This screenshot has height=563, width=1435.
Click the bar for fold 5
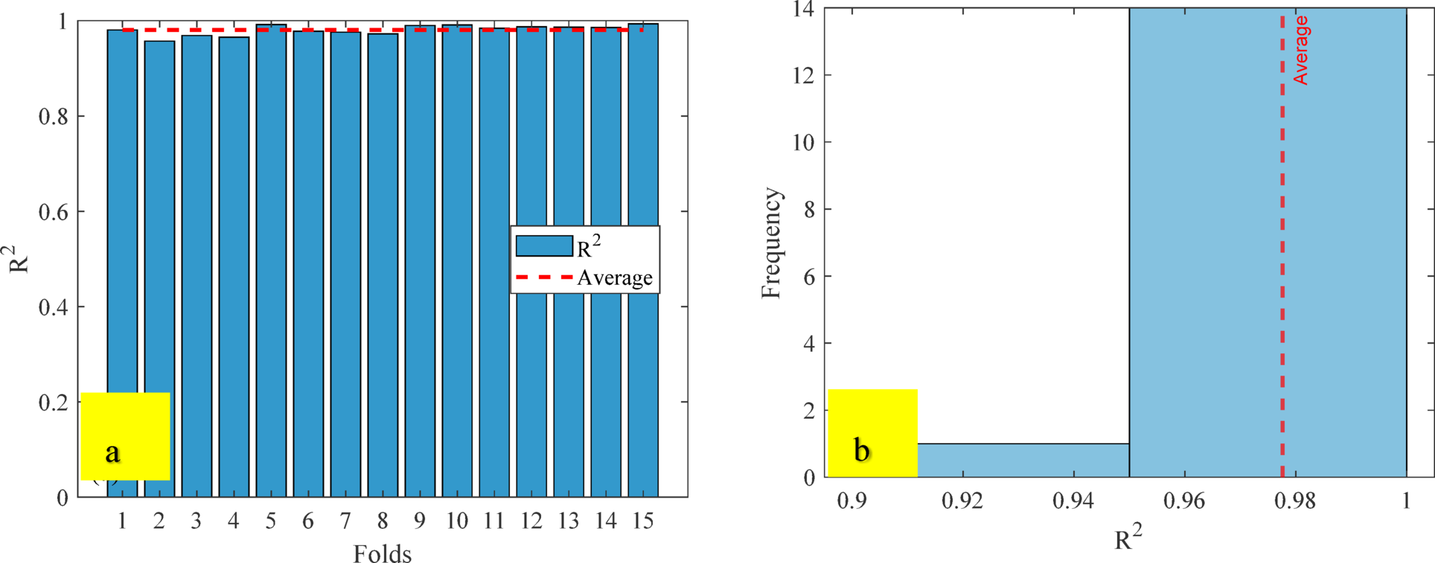[271, 260]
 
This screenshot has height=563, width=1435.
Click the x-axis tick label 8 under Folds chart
[383, 521]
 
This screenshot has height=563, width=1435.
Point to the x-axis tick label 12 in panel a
[531, 521]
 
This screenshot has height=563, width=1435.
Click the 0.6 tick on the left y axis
[56, 213]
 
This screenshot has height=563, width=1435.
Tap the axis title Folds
[382, 553]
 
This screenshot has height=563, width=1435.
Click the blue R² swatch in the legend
[544, 246]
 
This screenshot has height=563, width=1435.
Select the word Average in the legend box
[615, 278]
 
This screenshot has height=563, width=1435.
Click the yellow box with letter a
[125, 436]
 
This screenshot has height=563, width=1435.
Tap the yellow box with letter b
[872, 433]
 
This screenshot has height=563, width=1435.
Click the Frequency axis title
[772, 243]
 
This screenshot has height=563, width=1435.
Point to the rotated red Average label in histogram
[1300, 50]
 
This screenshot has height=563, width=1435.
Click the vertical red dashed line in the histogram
[1282, 260]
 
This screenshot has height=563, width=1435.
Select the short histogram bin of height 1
[1023, 460]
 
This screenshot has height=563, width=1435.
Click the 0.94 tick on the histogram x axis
[1073, 501]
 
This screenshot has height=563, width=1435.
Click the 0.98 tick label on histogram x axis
[1295, 501]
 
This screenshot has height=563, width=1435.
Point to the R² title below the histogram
[1128, 538]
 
